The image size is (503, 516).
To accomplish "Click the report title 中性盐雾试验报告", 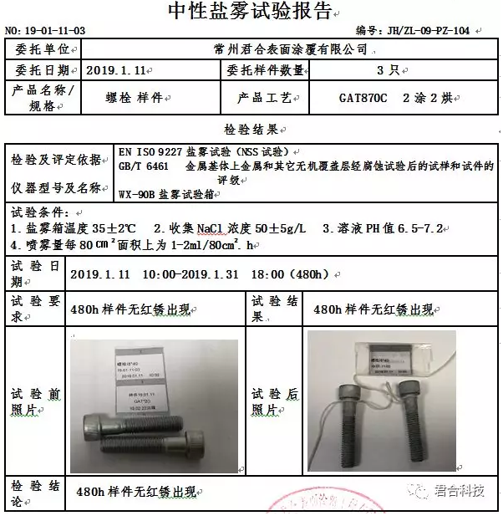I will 250,11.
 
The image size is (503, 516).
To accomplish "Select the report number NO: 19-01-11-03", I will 45,31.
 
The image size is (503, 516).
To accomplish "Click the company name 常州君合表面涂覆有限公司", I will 291,50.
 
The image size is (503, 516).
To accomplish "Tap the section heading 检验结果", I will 250,130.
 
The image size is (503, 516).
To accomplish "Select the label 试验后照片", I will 272,401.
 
